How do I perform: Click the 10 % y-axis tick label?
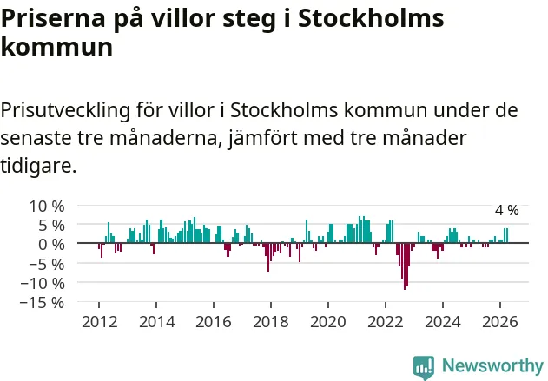47,207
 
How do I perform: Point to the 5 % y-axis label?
51,226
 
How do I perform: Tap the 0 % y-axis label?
51,245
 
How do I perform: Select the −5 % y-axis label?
47,265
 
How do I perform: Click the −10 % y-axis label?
43,283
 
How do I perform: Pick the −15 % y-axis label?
43,302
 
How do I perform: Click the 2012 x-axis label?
100,322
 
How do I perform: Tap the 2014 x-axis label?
157,322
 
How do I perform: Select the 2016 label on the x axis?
214,322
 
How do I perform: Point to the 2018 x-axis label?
271,322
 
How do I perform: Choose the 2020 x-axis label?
328,322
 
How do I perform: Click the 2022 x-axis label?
386,322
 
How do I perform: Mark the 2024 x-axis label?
443,322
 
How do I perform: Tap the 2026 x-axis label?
500,322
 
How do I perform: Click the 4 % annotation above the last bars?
507,210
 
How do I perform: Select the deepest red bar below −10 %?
405,266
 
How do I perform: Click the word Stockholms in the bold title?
371,18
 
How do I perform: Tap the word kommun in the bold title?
56,47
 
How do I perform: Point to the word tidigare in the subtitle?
36,165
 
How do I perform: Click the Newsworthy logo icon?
424,367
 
